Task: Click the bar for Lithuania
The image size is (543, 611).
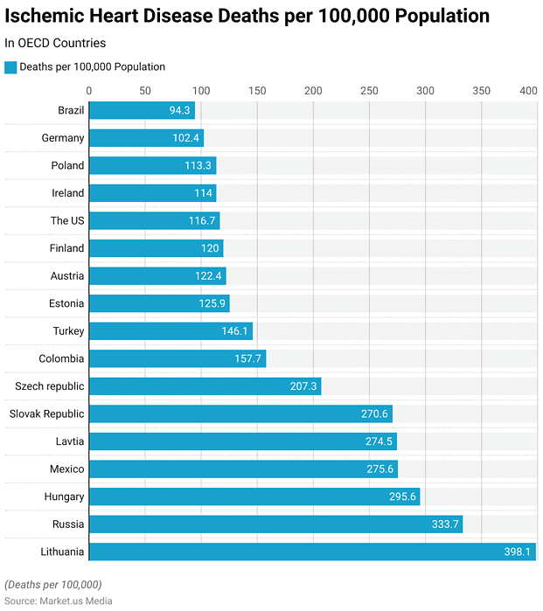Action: (312, 552)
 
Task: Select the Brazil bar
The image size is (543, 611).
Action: (142, 110)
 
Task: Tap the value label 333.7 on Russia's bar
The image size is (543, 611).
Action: (442, 524)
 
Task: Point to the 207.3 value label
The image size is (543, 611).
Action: (301, 386)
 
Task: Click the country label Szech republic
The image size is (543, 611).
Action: (50, 386)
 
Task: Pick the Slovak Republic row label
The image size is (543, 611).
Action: (47, 413)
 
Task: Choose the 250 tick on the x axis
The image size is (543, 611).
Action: (369, 90)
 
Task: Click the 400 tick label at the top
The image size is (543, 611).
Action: (528, 90)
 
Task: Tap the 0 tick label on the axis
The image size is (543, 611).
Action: (89, 90)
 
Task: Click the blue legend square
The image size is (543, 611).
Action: (10, 67)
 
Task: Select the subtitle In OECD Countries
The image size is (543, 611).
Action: (55, 43)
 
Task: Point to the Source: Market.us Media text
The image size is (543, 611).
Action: (59, 601)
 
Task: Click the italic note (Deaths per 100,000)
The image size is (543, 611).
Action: (53, 584)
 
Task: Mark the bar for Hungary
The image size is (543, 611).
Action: (254, 496)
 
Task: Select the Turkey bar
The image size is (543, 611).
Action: (171, 331)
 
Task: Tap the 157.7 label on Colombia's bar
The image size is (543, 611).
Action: (246, 358)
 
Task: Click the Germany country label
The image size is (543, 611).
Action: (63, 138)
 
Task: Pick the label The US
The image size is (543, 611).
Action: (67, 220)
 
